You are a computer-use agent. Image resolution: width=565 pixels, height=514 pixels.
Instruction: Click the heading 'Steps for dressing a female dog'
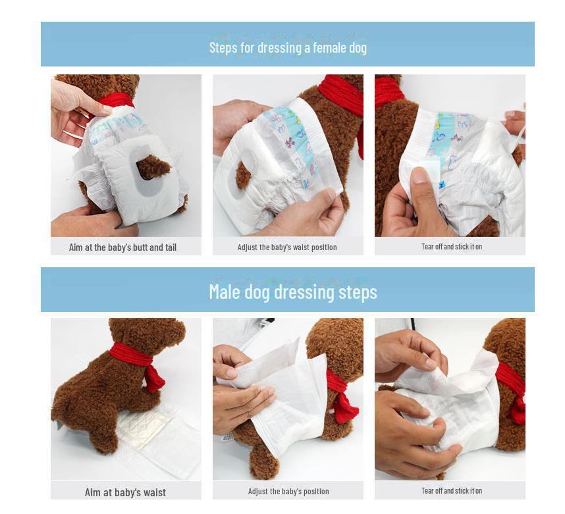(288, 47)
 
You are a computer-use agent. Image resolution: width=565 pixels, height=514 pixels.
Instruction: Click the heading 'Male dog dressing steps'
(293, 292)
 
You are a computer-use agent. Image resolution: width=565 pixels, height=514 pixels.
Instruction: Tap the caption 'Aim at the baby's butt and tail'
(122, 247)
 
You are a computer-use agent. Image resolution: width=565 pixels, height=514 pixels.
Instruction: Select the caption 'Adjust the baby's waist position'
(287, 247)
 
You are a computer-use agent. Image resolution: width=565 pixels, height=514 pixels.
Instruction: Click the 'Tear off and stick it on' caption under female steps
(451, 247)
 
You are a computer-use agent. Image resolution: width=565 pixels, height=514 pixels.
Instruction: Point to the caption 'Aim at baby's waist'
(125, 492)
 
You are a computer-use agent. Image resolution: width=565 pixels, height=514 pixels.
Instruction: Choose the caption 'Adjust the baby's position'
(288, 492)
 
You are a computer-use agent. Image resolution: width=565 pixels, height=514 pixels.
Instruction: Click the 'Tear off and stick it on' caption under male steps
(451, 491)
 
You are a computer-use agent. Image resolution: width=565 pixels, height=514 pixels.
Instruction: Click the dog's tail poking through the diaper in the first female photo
(153, 167)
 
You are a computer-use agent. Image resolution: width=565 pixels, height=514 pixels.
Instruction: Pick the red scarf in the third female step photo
(388, 91)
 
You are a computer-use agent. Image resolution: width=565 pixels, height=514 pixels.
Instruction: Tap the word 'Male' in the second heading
(225, 292)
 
